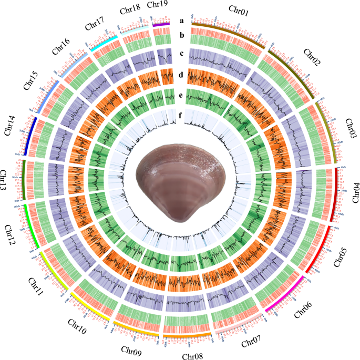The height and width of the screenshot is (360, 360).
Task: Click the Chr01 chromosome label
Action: [x=240, y=9]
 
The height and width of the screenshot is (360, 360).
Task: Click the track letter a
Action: [x=181, y=21]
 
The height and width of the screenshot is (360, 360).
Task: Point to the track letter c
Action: [x=181, y=53]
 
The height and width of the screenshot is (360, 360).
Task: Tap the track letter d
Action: [x=181, y=75]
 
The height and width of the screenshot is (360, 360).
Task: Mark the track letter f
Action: [x=181, y=111]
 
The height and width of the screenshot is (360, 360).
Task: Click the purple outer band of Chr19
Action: [x=161, y=24]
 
